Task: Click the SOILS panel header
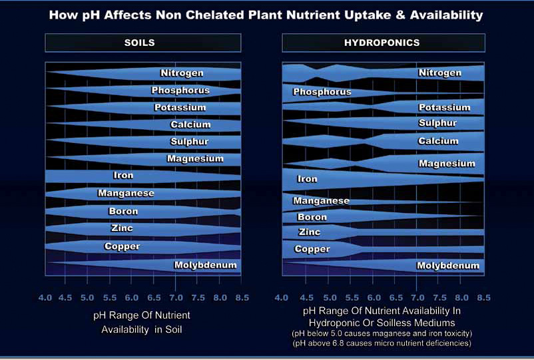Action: point(139,43)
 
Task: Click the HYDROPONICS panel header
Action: point(382,43)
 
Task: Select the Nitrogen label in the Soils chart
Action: point(182,73)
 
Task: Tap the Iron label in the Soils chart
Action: point(123,176)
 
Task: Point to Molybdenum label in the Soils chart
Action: point(205,266)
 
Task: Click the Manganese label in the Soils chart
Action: point(126,194)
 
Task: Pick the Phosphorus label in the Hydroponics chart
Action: point(322,92)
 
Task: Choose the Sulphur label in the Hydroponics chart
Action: point(437,123)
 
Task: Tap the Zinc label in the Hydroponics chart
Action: point(309,232)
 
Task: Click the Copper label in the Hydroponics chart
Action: point(312,250)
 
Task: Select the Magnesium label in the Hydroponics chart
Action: point(447,164)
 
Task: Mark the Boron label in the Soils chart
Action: point(123,212)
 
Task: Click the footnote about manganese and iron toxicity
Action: point(382,332)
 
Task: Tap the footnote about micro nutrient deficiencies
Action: point(382,343)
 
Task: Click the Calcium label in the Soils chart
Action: point(190,124)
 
